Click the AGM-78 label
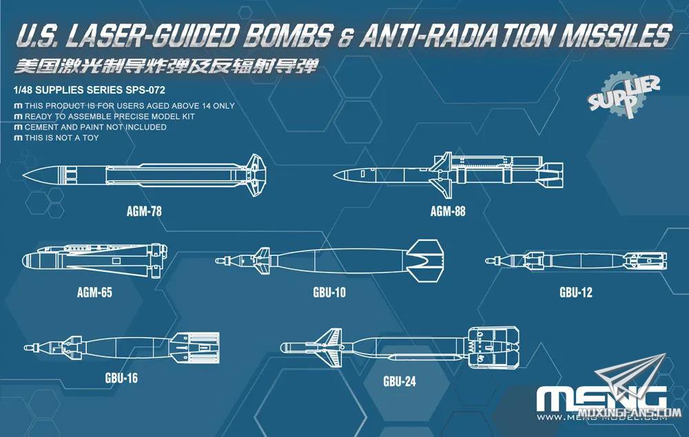pyautogui.click(x=144, y=211)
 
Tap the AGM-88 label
pyautogui.click(x=447, y=211)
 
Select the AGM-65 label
pyautogui.click(x=94, y=292)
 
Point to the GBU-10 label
pyautogui.click(x=329, y=292)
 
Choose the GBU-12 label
pyautogui.click(x=575, y=292)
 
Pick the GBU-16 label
pyautogui.click(x=121, y=377)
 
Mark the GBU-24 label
pyautogui.click(x=400, y=381)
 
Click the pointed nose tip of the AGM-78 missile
pyautogui.click(x=23, y=175)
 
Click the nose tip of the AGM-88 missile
pyautogui.click(x=334, y=175)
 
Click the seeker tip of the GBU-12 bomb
pyautogui.click(x=487, y=261)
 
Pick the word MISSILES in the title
pyautogui.click(x=615, y=35)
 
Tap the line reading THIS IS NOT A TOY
pyautogui.click(x=56, y=138)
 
